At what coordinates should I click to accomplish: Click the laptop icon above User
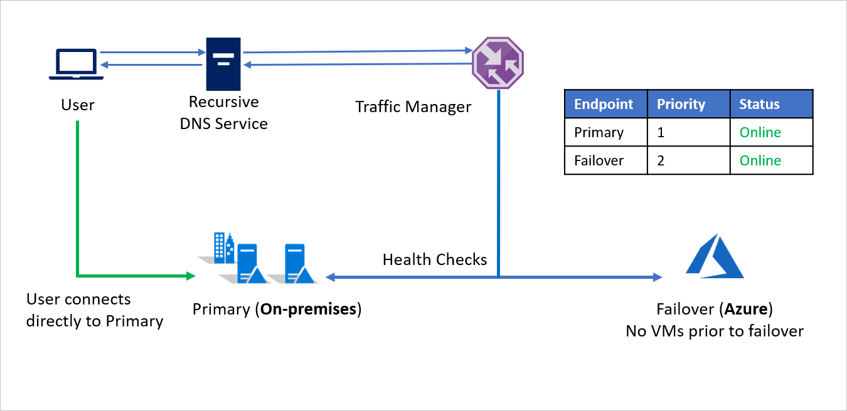click(x=77, y=65)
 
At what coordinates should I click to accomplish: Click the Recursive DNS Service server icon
click(x=223, y=63)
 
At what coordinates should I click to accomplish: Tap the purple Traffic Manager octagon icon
click(x=498, y=62)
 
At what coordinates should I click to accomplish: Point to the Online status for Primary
click(x=760, y=132)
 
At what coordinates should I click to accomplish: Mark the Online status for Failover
click(x=760, y=160)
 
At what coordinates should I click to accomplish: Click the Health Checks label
click(x=435, y=259)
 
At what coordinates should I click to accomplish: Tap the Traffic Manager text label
click(x=413, y=107)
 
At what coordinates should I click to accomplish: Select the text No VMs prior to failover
click(x=714, y=331)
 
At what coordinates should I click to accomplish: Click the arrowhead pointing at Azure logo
click(x=658, y=276)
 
